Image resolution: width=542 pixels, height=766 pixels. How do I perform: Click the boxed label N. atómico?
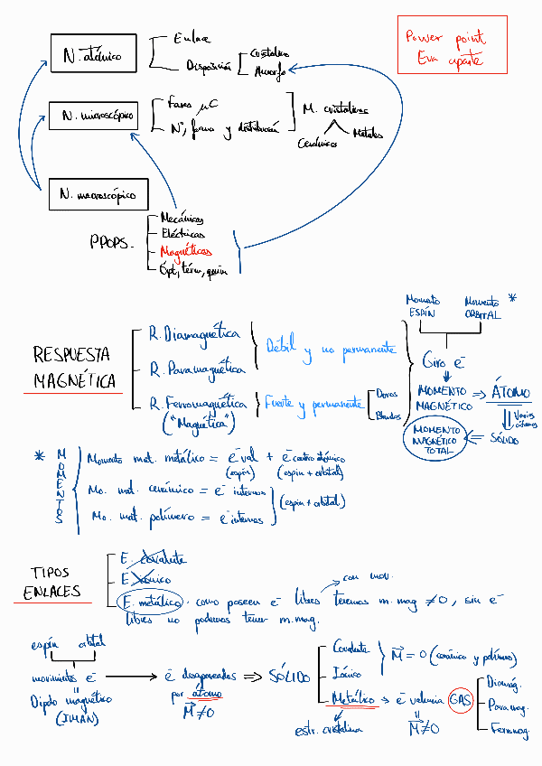92,56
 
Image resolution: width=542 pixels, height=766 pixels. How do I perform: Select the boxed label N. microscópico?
98,116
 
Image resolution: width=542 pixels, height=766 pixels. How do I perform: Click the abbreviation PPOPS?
112,242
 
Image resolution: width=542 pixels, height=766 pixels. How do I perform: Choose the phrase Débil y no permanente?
331,349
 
